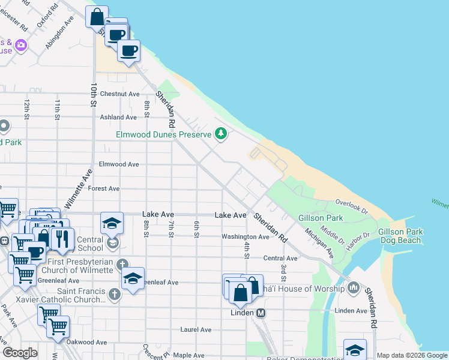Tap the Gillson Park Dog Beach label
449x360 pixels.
pyautogui.click(x=400, y=236)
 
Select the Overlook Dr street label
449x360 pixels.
pyautogui.click(x=351, y=205)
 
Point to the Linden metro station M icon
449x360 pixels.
pyautogui.click(x=261, y=313)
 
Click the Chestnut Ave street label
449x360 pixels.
pyautogui.click(x=119, y=94)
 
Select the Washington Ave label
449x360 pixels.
pyautogui.click(x=245, y=237)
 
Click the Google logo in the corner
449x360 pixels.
pyautogui.click(x=20, y=353)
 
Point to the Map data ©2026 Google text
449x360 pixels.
pyautogui.click(x=412, y=355)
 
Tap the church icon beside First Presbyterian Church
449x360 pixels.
pyautogui.click(x=122, y=265)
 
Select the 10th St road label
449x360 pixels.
pyautogui.click(x=93, y=95)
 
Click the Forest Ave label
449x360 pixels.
pyautogui.click(x=104, y=188)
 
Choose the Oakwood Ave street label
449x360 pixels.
pyautogui.click(x=86, y=343)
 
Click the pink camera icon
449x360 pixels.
pyautogui.click(x=21, y=45)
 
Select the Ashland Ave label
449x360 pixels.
pyautogui.click(x=118, y=118)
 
